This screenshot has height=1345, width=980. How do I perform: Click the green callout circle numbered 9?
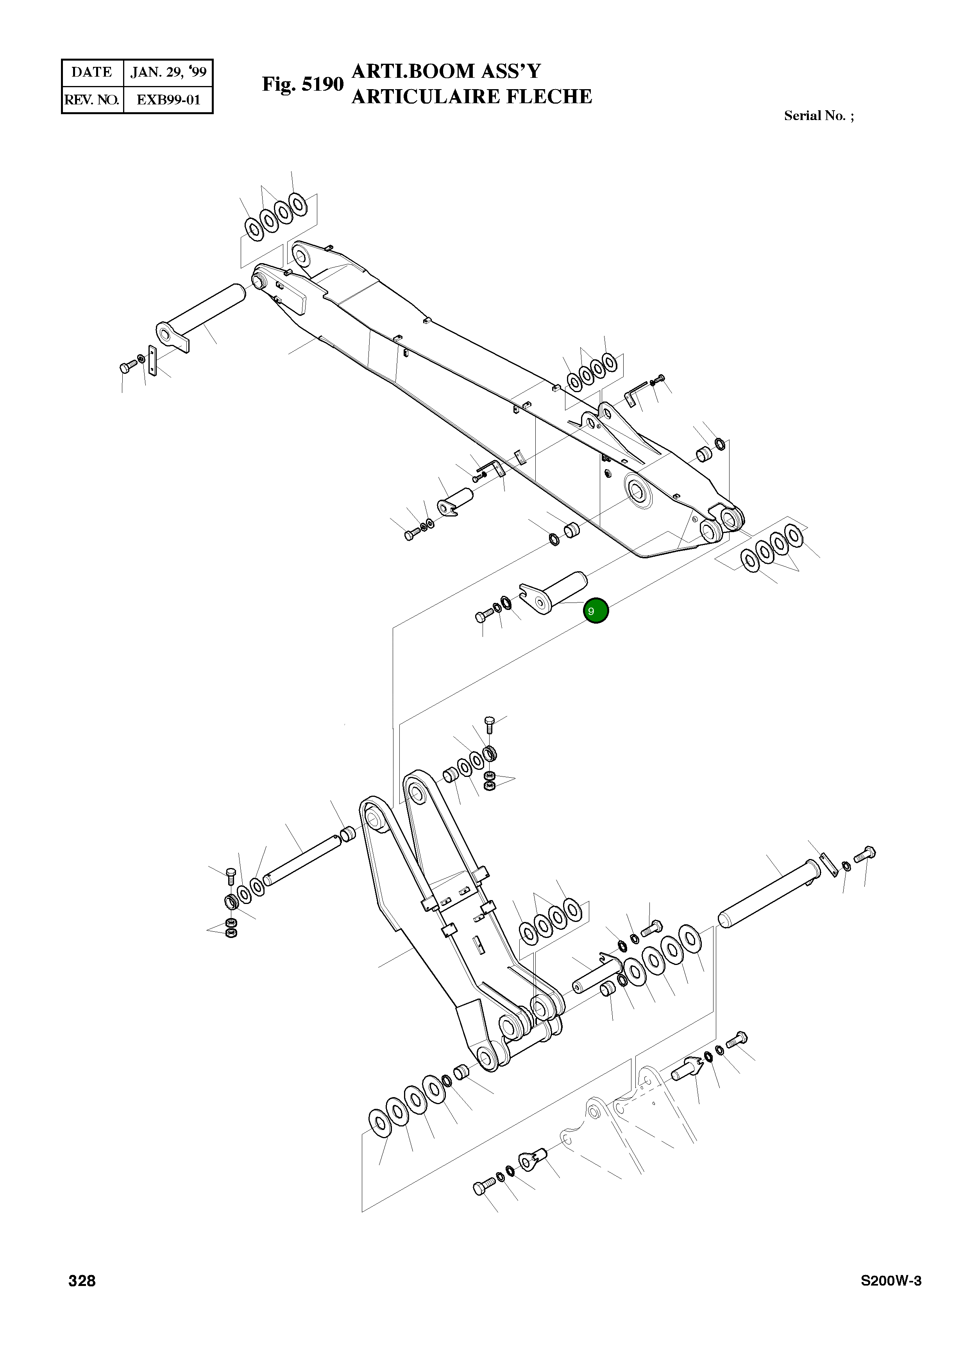tap(596, 611)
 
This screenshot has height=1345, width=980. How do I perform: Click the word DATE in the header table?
tap(92, 72)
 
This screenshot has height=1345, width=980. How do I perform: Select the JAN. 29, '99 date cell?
tap(168, 72)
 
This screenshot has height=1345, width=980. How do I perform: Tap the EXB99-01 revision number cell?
tap(168, 100)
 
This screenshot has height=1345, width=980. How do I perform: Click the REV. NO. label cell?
tap(92, 100)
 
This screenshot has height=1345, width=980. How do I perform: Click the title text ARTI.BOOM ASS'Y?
tap(446, 71)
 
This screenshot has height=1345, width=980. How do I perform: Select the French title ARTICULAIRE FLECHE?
tap(472, 96)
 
